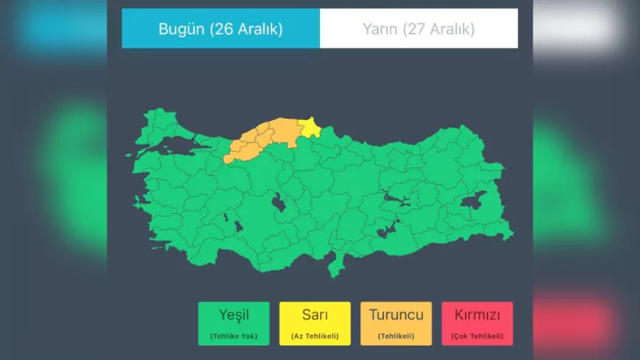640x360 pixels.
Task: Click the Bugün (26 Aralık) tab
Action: click(221, 29)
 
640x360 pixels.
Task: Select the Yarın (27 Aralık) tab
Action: click(419, 29)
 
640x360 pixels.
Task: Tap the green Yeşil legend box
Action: click(234, 323)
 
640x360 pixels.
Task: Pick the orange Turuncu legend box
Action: click(396, 323)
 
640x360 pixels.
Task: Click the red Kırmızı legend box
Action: click(477, 323)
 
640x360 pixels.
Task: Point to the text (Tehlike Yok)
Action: click(234, 336)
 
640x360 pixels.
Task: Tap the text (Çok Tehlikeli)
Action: click(477, 336)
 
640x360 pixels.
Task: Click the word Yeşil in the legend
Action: click(234, 315)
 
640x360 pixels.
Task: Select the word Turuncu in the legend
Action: click(396, 315)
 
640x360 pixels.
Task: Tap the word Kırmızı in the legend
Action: click(477, 315)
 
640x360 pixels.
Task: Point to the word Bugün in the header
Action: click(182, 29)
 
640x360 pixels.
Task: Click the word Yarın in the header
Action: click(380, 29)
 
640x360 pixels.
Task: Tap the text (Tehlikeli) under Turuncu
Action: click(396, 336)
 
